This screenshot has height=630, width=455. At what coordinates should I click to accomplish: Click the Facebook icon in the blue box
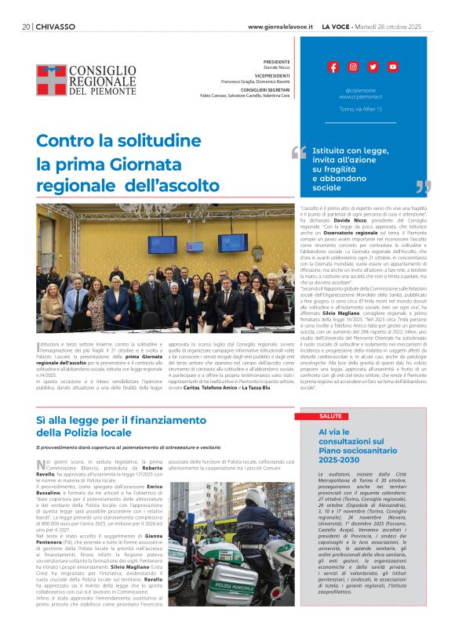(333, 67)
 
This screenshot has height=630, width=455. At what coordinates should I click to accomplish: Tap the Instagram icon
(353, 67)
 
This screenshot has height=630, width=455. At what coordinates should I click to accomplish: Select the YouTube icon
(393, 67)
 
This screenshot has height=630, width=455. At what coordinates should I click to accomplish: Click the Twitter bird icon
(373, 67)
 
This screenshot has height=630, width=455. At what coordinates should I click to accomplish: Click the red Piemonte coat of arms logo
(50, 80)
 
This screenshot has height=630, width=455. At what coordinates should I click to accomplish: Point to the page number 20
(26, 26)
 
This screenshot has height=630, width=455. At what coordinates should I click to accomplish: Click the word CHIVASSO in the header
(56, 26)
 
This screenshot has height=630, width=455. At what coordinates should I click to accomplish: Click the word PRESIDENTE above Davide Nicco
(276, 61)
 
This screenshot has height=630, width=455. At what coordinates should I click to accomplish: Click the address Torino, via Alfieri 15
(361, 109)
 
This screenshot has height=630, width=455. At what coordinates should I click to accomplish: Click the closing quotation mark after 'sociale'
(423, 187)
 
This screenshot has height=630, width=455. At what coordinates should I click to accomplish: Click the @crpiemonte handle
(361, 90)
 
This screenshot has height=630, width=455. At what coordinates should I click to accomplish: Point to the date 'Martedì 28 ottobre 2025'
(395, 26)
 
